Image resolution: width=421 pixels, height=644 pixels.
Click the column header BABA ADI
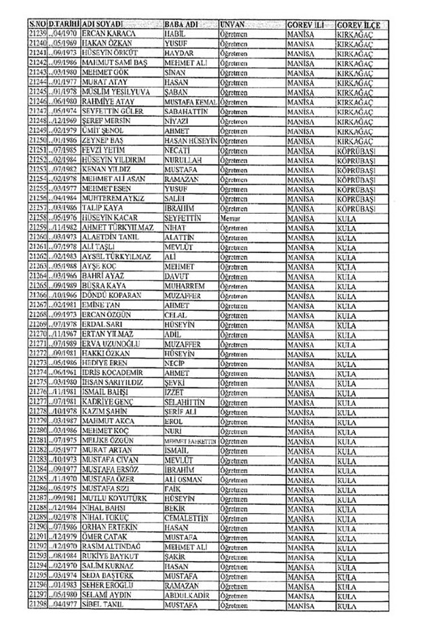181,23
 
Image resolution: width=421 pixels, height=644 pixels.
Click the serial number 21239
38,33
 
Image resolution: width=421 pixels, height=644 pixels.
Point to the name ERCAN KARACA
108,33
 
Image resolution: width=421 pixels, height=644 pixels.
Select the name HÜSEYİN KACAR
111,218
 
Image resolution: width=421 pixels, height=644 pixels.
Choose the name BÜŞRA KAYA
105,286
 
